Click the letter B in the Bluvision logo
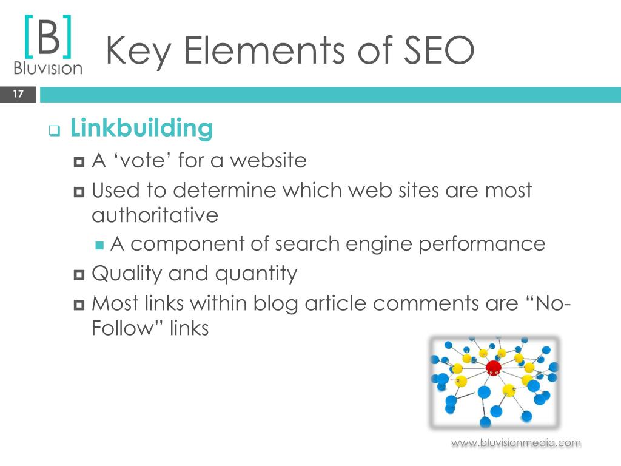[49, 37]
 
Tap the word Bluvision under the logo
[48, 68]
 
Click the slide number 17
[18, 94]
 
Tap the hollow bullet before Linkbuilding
[55, 130]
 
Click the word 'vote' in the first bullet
[143, 160]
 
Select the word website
[268, 160]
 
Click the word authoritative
[155, 215]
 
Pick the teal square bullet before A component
[99, 246]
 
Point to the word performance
[482, 244]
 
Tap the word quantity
[256, 274]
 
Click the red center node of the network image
[493, 368]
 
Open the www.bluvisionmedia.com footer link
[516, 442]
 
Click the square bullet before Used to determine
[79, 192]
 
